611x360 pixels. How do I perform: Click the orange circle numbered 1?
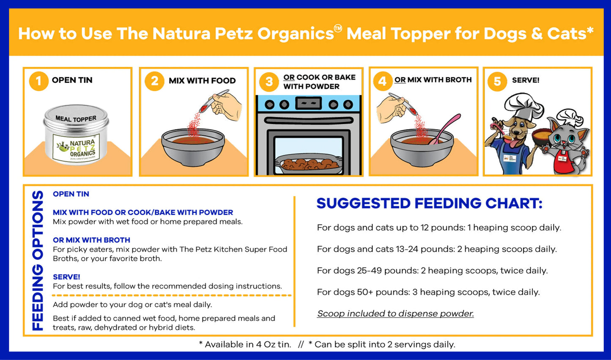[38, 80]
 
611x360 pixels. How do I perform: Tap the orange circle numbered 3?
[269, 81]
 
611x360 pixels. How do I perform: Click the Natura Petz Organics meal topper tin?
[76, 135]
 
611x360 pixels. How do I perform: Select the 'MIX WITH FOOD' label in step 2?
[202, 80]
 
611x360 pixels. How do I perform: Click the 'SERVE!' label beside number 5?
[526, 80]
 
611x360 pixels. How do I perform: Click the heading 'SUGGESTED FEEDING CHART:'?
[429, 203]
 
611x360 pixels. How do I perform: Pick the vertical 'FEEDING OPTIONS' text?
[38, 260]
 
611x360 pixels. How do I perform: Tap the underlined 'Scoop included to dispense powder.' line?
[395, 313]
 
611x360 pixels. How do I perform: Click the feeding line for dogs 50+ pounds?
[428, 292]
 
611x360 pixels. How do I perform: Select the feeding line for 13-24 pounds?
[437, 249]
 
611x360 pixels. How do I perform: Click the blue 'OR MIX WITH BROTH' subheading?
[91, 240]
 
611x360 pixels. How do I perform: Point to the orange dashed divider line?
[172, 295]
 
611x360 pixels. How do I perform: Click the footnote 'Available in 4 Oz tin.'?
[245, 344]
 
